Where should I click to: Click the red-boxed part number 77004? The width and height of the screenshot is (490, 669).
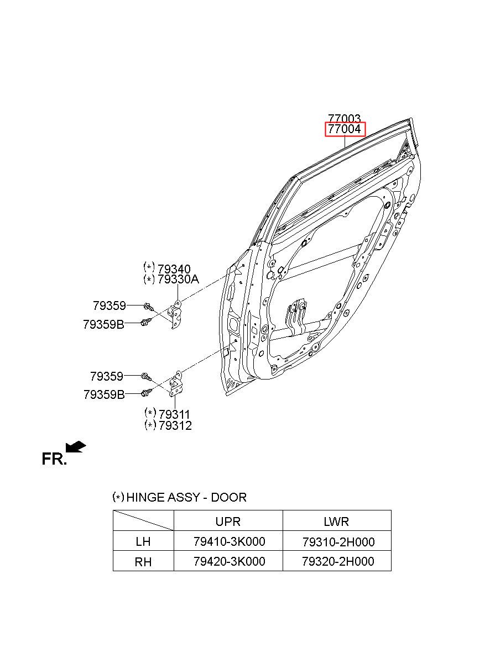click(x=344, y=130)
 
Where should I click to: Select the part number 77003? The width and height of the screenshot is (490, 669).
click(x=344, y=118)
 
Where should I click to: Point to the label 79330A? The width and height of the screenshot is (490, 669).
click(x=178, y=280)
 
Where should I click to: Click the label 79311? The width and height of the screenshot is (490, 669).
click(x=174, y=414)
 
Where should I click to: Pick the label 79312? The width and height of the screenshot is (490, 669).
click(x=175, y=425)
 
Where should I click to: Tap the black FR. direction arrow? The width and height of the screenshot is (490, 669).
click(x=75, y=446)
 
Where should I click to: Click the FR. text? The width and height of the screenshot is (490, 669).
click(x=54, y=459)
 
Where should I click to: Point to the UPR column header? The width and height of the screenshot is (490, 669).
click(x=228, y=521)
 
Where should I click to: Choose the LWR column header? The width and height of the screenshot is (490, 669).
click(x=336, y=521)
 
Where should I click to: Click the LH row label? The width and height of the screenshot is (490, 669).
click(x=143, y=541)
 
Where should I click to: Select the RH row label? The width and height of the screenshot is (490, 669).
click(x=143, y=562)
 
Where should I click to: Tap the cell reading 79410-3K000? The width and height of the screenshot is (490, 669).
click(x=229, y=541)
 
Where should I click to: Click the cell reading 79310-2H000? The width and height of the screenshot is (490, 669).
click(x=338, y=541)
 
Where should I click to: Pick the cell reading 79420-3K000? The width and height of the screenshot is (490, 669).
click(x=229, y=561)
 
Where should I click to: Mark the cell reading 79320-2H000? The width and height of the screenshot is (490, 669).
click(x=338, y=561)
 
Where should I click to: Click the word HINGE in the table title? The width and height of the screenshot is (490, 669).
click(x=145, y=497)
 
